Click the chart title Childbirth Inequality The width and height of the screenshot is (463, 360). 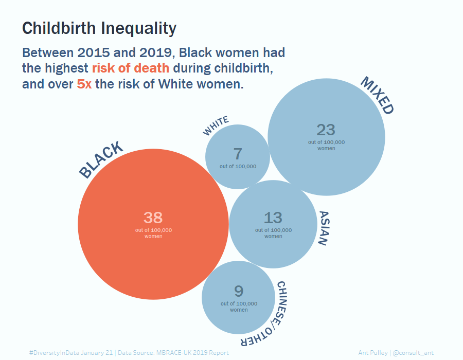99,28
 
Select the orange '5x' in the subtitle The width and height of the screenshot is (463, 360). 84,84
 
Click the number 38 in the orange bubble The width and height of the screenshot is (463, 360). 153,217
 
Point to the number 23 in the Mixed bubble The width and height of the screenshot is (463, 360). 326,129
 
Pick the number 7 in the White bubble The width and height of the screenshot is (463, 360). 237,154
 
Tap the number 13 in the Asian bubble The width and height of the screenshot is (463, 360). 273,218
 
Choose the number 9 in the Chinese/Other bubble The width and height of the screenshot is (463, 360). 239,291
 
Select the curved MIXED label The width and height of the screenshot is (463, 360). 377,95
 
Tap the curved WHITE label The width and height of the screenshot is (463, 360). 216,127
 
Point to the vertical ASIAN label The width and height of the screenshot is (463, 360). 323,228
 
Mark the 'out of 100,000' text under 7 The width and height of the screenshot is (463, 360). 238,167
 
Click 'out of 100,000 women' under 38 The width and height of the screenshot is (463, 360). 153,233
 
